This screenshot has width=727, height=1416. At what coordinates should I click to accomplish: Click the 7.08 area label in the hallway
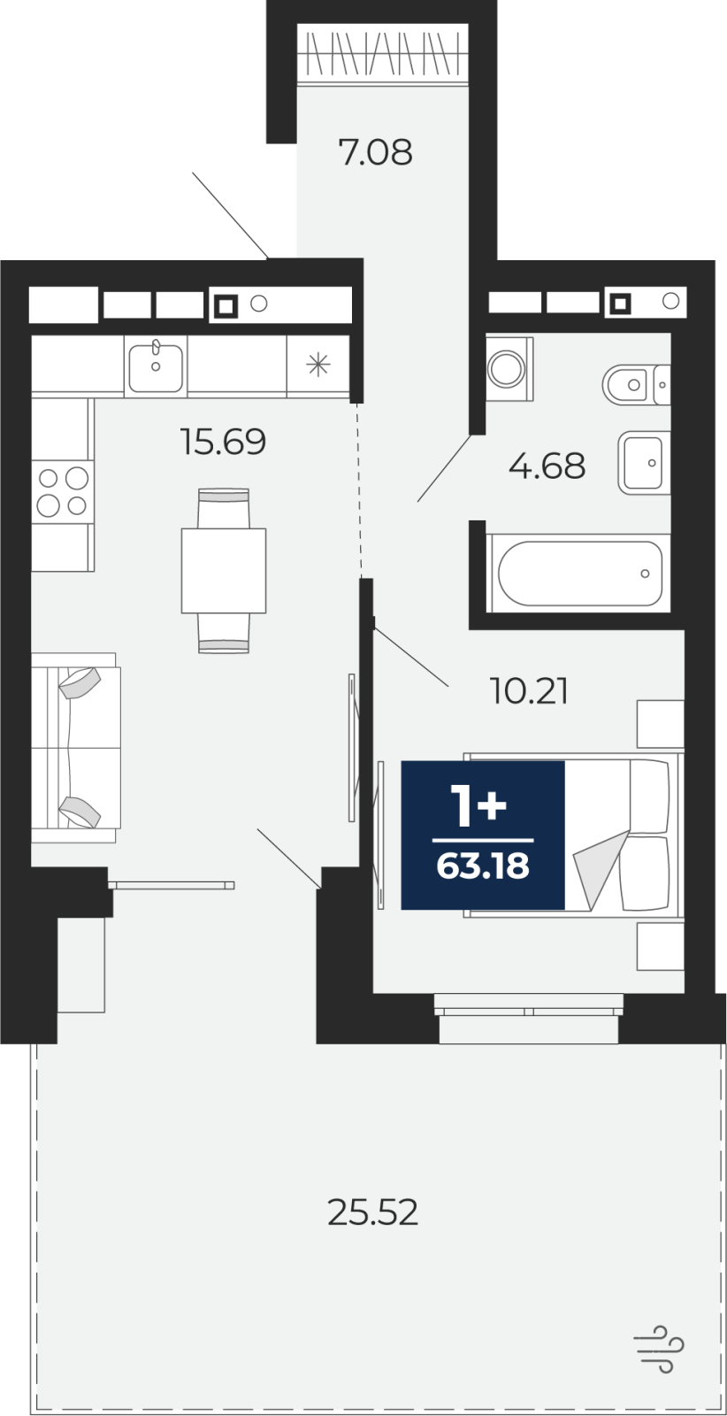375,152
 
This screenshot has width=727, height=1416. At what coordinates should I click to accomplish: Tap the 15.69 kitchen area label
223,442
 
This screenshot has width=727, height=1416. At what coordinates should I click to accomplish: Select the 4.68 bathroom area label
547,466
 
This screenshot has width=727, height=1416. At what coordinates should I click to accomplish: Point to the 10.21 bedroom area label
529,691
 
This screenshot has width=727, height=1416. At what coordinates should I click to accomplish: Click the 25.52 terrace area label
372,1212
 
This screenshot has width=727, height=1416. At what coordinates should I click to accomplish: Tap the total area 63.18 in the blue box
483,866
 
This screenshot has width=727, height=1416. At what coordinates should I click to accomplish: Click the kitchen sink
156,366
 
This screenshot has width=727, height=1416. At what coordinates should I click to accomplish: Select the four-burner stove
63,491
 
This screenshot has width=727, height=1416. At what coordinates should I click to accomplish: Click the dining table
224,570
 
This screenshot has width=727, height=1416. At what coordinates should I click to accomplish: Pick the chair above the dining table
224,508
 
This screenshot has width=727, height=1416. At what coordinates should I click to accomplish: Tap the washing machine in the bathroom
509,368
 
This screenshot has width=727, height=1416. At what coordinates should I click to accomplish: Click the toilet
636,384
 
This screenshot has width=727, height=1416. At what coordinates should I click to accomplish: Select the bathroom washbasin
644,464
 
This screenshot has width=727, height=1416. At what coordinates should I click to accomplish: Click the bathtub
578,573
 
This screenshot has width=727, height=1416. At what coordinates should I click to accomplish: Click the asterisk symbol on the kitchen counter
318,365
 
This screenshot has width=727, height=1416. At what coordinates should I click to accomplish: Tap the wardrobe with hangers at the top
383,53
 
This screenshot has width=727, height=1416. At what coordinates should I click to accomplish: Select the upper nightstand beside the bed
661,724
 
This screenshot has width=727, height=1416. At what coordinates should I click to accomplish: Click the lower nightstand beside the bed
661,946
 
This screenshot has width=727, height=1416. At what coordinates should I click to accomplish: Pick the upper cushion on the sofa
80,682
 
